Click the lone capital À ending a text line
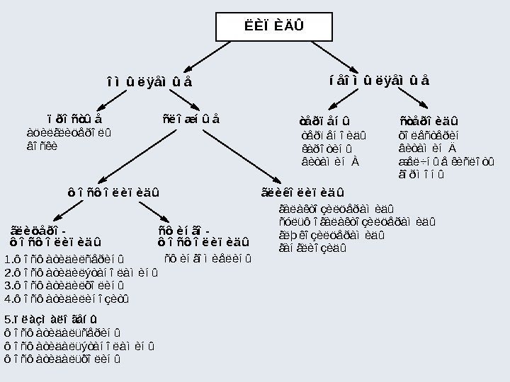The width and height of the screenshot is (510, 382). coord(355,161)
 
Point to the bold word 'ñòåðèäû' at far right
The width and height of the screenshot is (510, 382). coord(429,119)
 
